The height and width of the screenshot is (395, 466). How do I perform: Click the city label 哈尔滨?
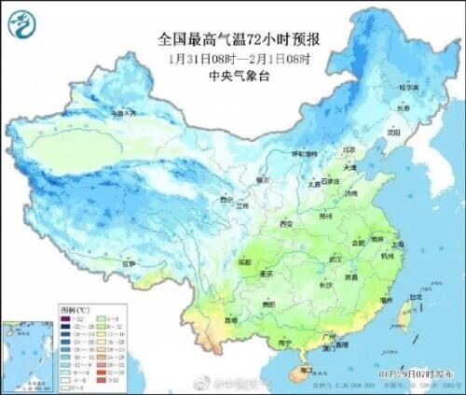[409, 87]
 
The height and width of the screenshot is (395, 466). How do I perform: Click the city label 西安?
[286, 224]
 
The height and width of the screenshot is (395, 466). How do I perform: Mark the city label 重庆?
[267, 275]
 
